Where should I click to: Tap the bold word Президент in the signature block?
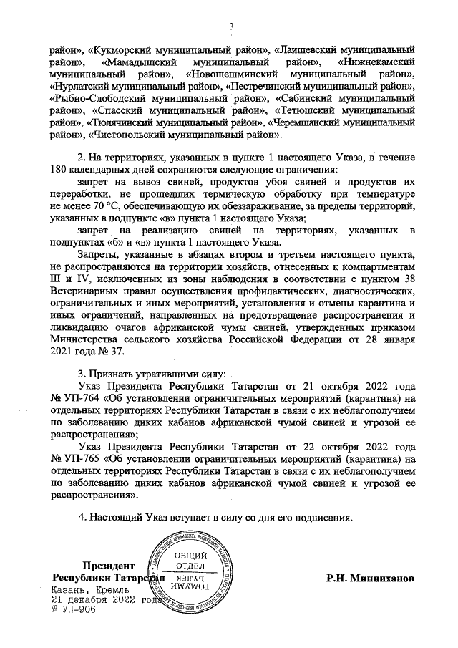[108, 565]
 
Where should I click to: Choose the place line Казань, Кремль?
[88, 589]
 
